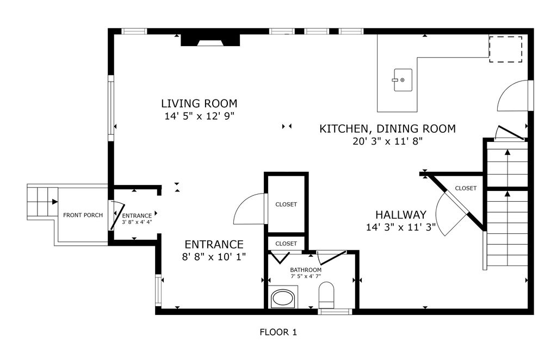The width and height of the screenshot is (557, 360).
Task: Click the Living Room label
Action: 199,103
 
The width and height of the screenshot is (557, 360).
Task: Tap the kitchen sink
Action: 403,80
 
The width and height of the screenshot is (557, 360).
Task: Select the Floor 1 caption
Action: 278,332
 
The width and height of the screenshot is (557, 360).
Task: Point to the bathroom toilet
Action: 326,295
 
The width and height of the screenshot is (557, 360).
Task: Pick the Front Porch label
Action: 83,215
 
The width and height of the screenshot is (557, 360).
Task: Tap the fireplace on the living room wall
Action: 211,40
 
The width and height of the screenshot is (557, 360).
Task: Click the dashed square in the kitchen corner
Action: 505,49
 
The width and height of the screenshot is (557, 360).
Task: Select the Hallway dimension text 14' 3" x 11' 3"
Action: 401,227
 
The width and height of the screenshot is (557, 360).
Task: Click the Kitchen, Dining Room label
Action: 387,128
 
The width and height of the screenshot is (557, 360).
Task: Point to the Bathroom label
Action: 306,270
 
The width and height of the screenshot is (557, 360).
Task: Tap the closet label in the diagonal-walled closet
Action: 466,188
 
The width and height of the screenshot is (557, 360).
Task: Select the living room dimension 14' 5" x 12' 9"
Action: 199,116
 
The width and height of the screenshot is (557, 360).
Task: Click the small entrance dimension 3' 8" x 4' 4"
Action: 137,222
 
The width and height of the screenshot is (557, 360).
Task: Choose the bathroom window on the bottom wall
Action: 335,312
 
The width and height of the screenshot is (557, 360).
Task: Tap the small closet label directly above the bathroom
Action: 286,244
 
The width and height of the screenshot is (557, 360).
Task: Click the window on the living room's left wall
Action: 111,108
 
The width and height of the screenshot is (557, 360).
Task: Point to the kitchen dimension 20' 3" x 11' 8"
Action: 387,141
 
